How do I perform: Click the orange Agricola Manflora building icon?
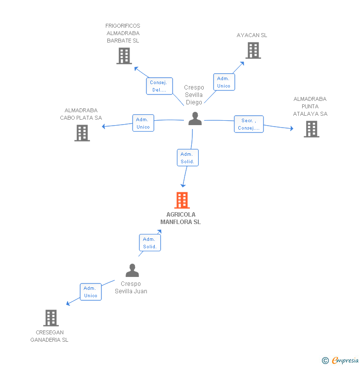[182, 200]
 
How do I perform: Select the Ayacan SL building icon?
[253, 50]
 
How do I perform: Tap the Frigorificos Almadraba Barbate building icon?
[124, 56]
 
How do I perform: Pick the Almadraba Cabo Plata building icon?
[82, 133]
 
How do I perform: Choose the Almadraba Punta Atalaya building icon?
[311, 129]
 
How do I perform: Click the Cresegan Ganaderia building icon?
[51, 318]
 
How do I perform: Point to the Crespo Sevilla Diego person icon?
[195, 119]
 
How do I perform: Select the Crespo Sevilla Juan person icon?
[132, 270]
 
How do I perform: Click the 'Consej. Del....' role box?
[159, 86]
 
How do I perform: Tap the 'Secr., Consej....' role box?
[248, 124]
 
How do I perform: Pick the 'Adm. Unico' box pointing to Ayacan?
[224, 82]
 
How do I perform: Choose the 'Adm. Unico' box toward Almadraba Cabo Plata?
[143, 123]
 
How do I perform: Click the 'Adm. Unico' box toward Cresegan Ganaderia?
[90, 292]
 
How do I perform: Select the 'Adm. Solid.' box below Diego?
[187, 158]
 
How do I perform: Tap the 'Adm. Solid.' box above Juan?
[149, 243]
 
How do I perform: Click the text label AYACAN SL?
[252, 35]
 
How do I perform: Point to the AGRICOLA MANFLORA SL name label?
[180, 219]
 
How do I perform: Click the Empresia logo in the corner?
[345, 361]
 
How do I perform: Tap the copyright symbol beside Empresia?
[325, 361]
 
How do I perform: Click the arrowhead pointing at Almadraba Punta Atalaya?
[292, 129]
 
